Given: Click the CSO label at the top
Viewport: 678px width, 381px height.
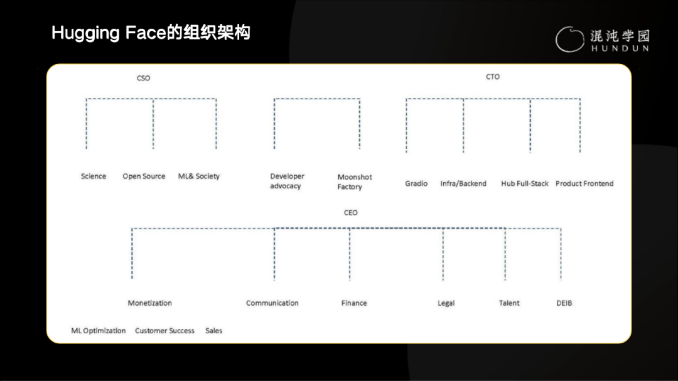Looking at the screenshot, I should tap(143, 78).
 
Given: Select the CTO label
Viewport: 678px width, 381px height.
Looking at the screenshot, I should tap(493, 77).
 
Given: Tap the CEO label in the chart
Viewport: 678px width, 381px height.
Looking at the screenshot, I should tap(350, 213).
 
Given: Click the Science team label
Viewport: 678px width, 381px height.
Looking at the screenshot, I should tap(94, 176).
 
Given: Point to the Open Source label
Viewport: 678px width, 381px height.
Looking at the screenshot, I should tap(144, 176).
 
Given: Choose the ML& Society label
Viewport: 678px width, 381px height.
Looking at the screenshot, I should tap(199, 176).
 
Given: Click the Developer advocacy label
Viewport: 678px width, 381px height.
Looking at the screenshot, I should tap(287, 181).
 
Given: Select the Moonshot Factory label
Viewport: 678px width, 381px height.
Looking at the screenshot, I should tap(355, 182).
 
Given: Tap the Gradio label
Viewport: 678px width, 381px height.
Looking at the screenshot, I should tap(416, 183).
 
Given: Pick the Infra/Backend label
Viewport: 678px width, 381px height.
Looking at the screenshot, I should tap(463, 183).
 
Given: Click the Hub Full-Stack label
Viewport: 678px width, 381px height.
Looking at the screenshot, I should tap(525, 183).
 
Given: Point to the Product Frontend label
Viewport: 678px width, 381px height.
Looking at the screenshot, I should tap(584, 183).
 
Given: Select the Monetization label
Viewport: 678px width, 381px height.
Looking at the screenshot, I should tap(150, 303).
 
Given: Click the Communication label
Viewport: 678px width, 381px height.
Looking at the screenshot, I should tap(272, 303).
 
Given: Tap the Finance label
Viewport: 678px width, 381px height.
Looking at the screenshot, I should tap(354, 303).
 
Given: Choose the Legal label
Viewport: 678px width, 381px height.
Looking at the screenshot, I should tap(446, 303).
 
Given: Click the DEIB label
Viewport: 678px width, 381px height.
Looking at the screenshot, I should tap(564, 303).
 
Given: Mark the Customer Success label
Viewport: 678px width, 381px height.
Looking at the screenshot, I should tap(164, 331).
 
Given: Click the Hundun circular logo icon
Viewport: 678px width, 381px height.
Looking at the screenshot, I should tap(569, 39).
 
